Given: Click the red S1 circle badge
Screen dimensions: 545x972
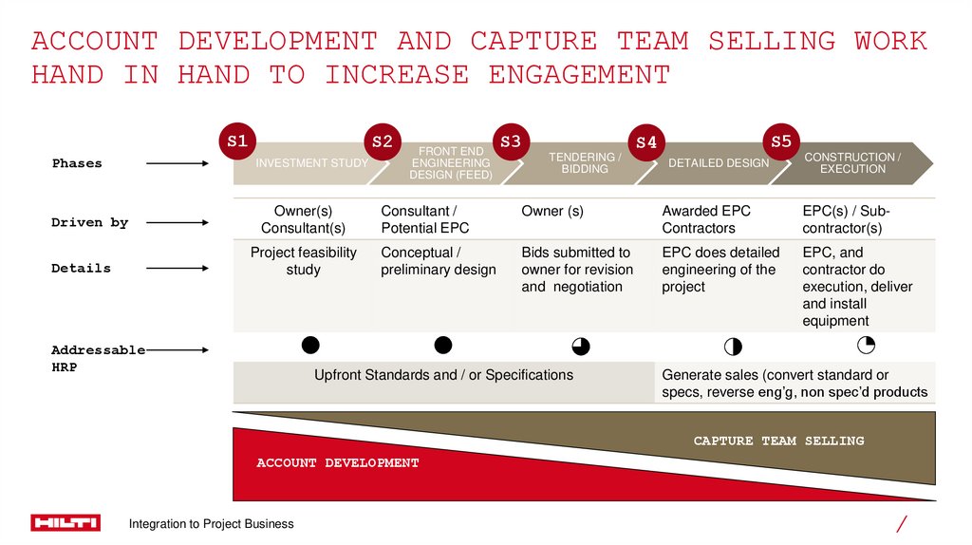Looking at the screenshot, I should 236,141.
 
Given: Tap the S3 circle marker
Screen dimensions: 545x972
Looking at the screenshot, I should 511,141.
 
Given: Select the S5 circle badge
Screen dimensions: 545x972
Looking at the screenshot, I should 780,141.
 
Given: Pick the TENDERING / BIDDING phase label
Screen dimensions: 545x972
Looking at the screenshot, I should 585,163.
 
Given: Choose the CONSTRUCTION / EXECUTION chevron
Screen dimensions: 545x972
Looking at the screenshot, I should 852,163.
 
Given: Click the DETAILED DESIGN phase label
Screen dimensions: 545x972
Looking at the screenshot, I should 719,163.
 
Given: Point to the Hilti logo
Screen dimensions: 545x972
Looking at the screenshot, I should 65,523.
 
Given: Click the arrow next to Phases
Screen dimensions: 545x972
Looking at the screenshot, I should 178,163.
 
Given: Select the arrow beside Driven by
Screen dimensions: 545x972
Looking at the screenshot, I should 178,223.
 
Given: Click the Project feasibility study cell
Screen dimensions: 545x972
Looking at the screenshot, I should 304,261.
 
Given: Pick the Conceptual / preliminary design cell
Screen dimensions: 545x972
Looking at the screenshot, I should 438,261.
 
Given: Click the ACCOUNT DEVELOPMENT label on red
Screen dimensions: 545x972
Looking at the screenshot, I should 337,463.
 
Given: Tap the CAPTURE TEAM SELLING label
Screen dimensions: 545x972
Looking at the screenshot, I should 778,441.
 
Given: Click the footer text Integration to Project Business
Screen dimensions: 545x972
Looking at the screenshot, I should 212,524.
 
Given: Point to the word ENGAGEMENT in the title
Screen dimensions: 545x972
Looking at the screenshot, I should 579,75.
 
